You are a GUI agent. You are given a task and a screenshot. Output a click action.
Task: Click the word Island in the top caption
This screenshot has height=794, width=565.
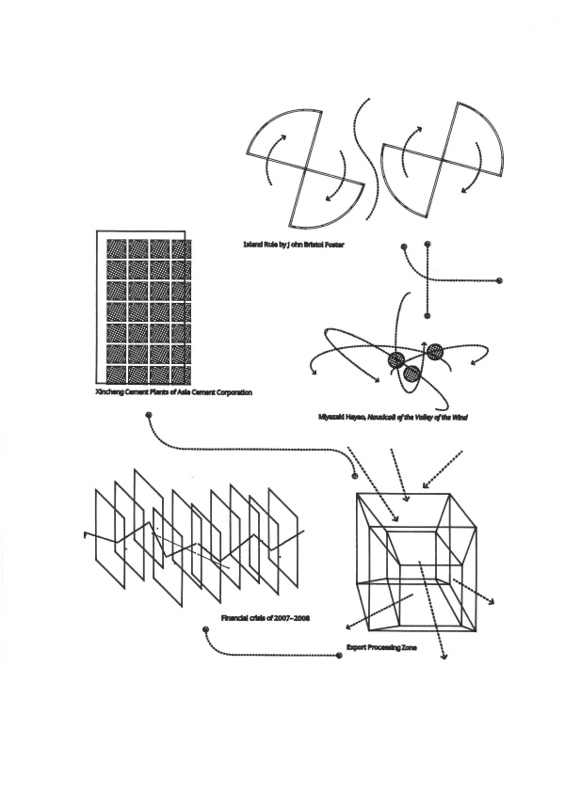click(252, 245)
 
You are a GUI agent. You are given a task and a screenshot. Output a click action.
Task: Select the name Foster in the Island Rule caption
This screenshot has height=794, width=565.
click(334, 245)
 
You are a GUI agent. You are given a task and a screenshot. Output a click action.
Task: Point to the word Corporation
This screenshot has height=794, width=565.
click(234, 392)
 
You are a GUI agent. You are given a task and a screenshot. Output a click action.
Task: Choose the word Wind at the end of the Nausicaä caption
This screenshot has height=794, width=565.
click(460, 418)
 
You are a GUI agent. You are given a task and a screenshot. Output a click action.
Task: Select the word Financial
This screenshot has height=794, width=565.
click(234, 618)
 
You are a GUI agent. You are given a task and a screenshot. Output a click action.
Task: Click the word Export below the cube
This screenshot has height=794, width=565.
click(356, 647)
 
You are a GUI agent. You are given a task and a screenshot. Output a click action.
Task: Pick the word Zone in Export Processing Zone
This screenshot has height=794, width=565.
click(409, 647)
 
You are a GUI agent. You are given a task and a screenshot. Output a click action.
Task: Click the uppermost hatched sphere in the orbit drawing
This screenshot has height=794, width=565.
click(435, 352)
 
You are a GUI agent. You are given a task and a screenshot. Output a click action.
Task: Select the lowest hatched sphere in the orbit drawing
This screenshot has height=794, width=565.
click(412, 374)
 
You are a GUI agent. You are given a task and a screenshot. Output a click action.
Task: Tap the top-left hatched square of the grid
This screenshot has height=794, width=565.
click(117, 248)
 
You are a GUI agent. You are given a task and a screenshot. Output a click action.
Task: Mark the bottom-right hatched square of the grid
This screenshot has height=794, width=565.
click(182, 374)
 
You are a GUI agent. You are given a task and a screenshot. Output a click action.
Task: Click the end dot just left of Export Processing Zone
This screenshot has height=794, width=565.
click(340, 656)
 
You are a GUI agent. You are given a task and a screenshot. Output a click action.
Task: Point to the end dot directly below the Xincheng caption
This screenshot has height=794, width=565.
click(149, 416)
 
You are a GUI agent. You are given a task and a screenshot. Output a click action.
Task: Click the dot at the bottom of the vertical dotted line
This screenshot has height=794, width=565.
click(428, 316)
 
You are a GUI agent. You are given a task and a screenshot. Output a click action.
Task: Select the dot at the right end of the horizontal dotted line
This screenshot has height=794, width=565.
click(499, 280)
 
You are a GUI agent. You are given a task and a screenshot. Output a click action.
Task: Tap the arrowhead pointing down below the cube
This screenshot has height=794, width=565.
click(444, 657)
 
